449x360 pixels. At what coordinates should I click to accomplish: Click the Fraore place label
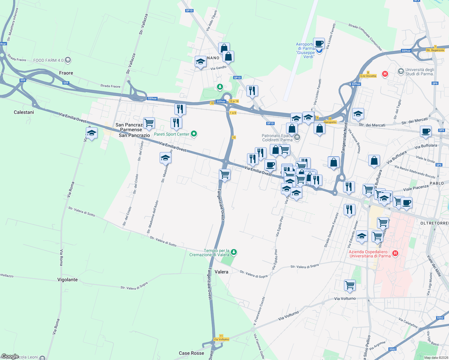66,73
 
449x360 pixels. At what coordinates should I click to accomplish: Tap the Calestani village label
24,112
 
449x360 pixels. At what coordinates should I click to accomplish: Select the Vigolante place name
68,280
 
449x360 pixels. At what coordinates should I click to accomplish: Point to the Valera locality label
221,272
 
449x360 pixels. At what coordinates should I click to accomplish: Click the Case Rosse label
191,353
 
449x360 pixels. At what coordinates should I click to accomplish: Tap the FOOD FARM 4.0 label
48,60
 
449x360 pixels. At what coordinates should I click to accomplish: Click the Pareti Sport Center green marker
194,134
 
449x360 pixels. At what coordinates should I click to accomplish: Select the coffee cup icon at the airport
319,43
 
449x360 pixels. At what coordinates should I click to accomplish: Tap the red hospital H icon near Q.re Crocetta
385,74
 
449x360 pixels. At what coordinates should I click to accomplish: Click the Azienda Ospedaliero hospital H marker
395,253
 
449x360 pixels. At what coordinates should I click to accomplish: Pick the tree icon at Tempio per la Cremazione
234,252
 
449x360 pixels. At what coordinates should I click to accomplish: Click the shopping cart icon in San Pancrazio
149,122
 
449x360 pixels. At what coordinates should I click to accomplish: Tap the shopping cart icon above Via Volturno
350,285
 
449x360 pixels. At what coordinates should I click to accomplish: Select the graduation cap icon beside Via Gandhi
200,62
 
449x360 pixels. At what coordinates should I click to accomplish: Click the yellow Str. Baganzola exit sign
435,50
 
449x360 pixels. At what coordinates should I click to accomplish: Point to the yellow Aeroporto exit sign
330,122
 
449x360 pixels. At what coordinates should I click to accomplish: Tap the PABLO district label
437,183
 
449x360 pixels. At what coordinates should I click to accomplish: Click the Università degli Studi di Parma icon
401,71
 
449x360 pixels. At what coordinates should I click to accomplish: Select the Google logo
10,356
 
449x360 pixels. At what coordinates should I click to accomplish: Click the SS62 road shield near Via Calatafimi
440,318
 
